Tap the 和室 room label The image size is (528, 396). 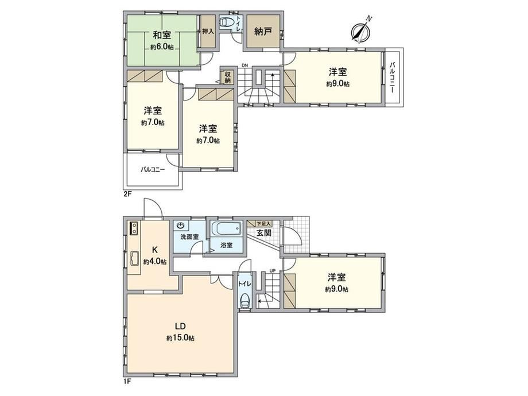point(162,35)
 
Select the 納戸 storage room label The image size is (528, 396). point(263,32)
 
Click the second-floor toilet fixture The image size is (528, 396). point(226,22)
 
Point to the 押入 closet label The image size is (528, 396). point(208,32)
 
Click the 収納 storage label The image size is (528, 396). point(228,77)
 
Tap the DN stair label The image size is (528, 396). point(244,65)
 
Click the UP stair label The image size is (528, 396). point(272,270)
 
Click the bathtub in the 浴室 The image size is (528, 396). point(227,229)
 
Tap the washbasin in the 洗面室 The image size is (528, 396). point(181,225)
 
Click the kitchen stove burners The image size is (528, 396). point(134,228)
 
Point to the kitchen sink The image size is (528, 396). point(135,259)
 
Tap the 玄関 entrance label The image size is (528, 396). point(263,232)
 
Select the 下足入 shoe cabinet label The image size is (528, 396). point(263,223)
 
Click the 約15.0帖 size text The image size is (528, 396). point(180,337)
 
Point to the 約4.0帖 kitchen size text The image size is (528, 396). point(154,261)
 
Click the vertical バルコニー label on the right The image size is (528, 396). point(393,77)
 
